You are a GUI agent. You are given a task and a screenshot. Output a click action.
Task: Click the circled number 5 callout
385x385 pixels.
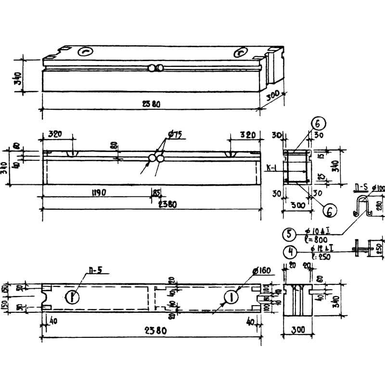coord(289,234)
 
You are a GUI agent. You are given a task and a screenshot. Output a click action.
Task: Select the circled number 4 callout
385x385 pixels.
coord(289,251)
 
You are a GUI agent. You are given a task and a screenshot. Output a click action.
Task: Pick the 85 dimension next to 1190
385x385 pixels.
coord(157,192)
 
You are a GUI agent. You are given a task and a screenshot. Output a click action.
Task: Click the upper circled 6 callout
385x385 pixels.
coord(319,123)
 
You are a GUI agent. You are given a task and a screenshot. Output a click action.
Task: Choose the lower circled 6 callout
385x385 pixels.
coord(330,210)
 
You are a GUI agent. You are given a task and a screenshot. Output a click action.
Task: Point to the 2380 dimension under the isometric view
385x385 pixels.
coord(151,104)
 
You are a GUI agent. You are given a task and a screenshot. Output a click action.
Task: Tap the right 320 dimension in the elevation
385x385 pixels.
coord(247,135)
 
